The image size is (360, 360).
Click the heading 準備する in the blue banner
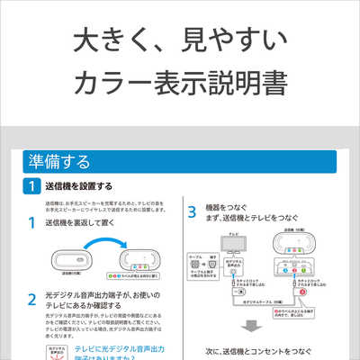[x=58, y=163]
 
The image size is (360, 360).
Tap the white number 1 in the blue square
[x=31, y=186]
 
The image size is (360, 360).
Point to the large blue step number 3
[x=192, y=213]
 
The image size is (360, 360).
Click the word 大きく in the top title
[x=101, y=40]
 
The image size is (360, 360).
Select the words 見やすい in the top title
[x=224, y=40]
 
